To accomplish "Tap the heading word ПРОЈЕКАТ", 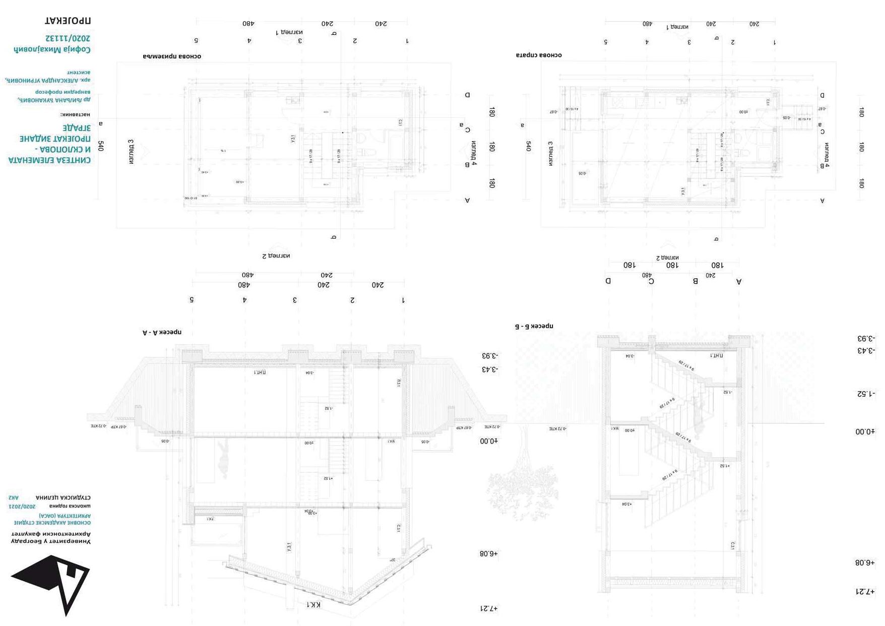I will click(68, 21).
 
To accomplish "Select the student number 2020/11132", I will click(68, 38).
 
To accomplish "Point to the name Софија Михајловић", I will click(52, 49).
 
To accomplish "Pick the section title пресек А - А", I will click(162, 332).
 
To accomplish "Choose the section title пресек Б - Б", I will click(534, 326).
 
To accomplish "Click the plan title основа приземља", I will click(172, 56).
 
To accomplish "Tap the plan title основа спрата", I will click(538, 55).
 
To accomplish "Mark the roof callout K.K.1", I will click(313, 604).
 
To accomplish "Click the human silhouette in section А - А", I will click(223, 458).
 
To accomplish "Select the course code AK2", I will click(14, 497).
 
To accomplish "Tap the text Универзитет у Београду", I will click(51, 541).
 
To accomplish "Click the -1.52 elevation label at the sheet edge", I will click(866, 394).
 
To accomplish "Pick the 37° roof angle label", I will click(392, 559).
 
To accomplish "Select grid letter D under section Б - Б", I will click(608, 281).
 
